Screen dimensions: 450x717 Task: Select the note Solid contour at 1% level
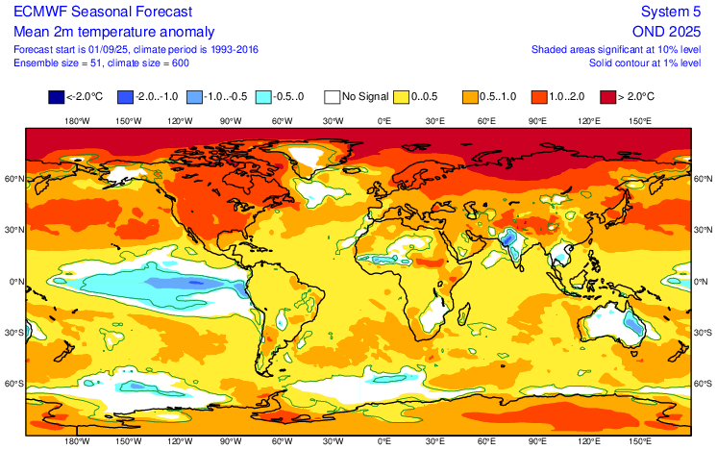tap(644, 62)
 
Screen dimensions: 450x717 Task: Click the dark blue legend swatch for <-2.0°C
tap(57, 97)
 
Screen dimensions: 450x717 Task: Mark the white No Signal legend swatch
tap(333, 97)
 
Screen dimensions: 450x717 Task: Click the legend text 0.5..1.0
tap(504, 97)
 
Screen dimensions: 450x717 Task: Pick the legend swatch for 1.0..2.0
tap(540, 97)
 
